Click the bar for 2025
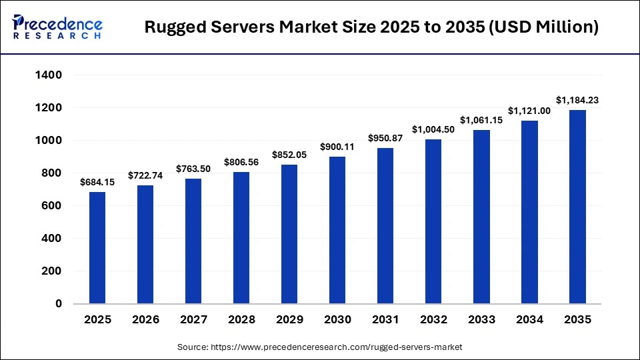97,247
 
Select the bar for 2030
337,230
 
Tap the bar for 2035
577,207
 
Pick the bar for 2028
241,237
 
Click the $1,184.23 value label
577,101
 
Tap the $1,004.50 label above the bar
433,129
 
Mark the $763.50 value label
193,169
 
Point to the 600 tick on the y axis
53,206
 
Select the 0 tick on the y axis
58,304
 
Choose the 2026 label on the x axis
145,320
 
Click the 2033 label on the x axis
481,320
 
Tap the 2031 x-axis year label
385,320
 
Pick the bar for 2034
529,212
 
